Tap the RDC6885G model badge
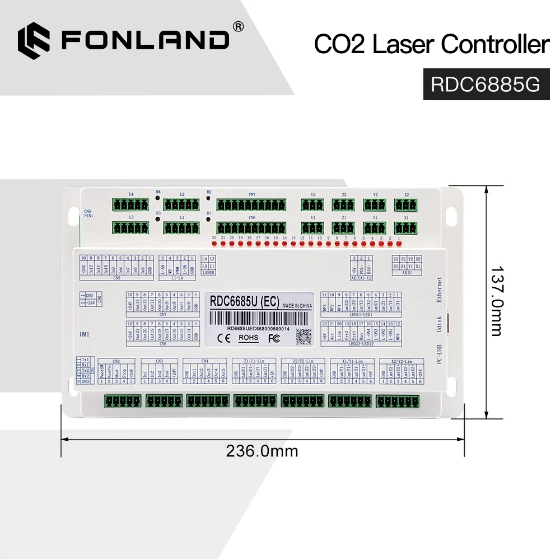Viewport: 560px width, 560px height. pyautogui.click(x=485, y=84)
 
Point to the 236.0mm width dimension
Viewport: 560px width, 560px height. pyautogui.click(x=262, y=450)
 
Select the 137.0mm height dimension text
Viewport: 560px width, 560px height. pyautogui.click(x=496, y=301)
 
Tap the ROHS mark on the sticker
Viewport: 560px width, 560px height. pyautogui.click(x=249, y=338)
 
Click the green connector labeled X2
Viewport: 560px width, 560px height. pyautogui.click(x=406, y=204)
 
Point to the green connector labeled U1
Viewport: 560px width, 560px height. pyautogui.click(x=312, y=228)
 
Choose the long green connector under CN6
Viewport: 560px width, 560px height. pyautogui.click(x=252, y=228)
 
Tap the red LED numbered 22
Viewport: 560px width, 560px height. pyautogui.click(x=214, y=245)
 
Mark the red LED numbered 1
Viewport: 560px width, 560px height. pyautogui.click(x=399, y=245)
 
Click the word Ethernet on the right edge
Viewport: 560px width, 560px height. pyautogui.click(x=440, y=290)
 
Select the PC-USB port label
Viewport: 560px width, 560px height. pyautogui.click(x=440, y=353)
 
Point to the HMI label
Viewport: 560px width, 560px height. pyautogui.click(x=85, y=334)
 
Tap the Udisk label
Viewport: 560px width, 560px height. pyautogui.click(x=440, y=323)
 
